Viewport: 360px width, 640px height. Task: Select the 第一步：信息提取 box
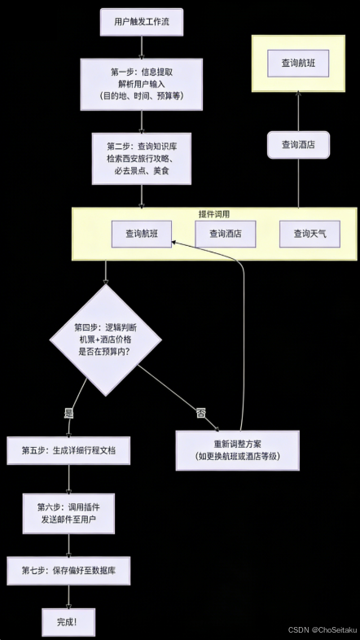143,83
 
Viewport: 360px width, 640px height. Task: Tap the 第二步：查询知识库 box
143,158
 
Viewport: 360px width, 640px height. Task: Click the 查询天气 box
309,234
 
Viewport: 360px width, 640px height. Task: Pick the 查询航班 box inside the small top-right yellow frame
299,63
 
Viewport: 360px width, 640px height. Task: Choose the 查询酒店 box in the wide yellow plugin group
230,234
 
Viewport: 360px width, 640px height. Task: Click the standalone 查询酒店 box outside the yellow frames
299,144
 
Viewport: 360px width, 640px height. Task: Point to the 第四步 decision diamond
105,339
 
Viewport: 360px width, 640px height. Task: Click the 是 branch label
69,413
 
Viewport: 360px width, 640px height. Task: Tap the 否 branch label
200,413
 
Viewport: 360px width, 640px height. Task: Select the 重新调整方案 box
238,450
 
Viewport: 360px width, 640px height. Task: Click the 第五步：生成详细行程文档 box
68,450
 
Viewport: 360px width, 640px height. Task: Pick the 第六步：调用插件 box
68,513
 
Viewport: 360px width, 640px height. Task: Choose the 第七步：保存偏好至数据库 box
68,571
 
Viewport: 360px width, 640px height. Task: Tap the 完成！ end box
68,621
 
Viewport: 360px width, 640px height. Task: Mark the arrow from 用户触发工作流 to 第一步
143,46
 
